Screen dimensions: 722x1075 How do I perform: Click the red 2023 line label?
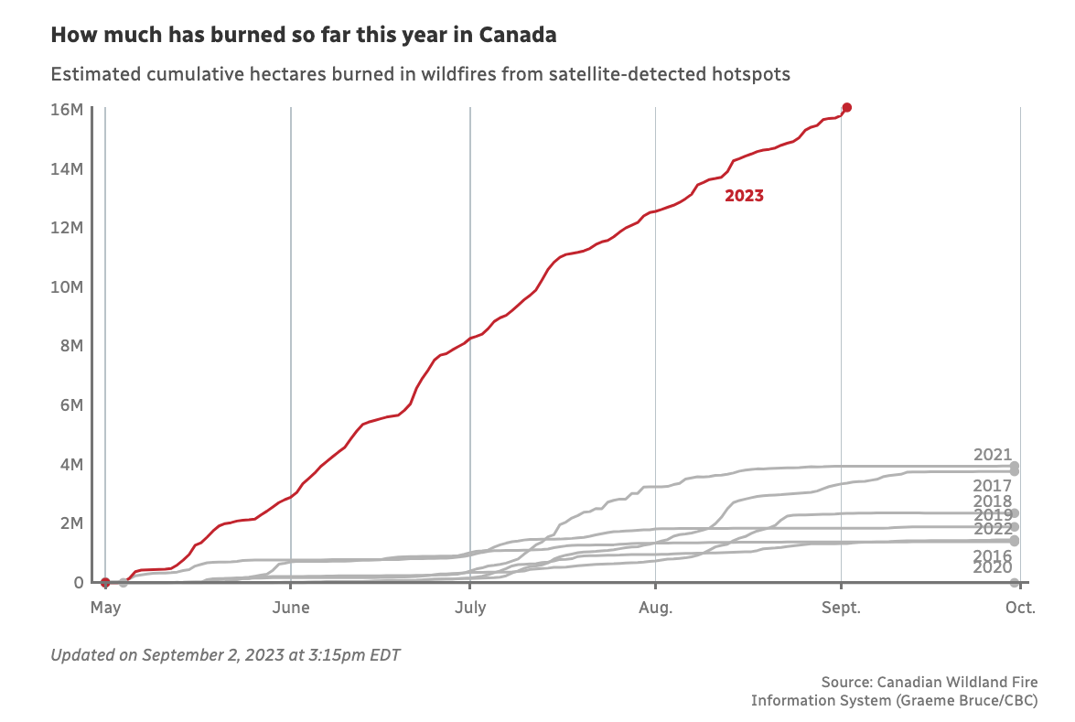point(744,196)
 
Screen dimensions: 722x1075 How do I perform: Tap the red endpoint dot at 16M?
point(847,108)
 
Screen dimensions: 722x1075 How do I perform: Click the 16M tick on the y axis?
point(70,110)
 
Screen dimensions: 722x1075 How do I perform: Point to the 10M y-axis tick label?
point(70,287)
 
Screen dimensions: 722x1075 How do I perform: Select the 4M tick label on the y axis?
point(73,465)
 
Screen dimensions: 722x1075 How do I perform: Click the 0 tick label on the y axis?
point(79,583)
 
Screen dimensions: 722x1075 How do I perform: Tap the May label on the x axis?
point(106,608)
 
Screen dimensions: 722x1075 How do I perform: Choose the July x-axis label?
point(470,608)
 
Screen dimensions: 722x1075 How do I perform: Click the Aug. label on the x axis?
point(656,608)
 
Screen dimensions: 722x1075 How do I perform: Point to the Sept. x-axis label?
point(841,608)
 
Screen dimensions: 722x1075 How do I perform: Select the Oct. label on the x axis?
point(1020,608)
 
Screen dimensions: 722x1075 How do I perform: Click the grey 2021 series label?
point(993,455)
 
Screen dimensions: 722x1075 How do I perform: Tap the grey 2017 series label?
point(993,486)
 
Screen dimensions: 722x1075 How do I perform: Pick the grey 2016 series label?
point(993,556)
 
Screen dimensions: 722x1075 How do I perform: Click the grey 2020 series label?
point(993,568)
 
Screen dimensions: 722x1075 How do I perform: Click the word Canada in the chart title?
point(523,37)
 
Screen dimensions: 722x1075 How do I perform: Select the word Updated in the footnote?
point(81,655)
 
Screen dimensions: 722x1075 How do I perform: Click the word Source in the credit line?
point(845,683)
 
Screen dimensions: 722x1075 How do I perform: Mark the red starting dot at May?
point(105,582)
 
